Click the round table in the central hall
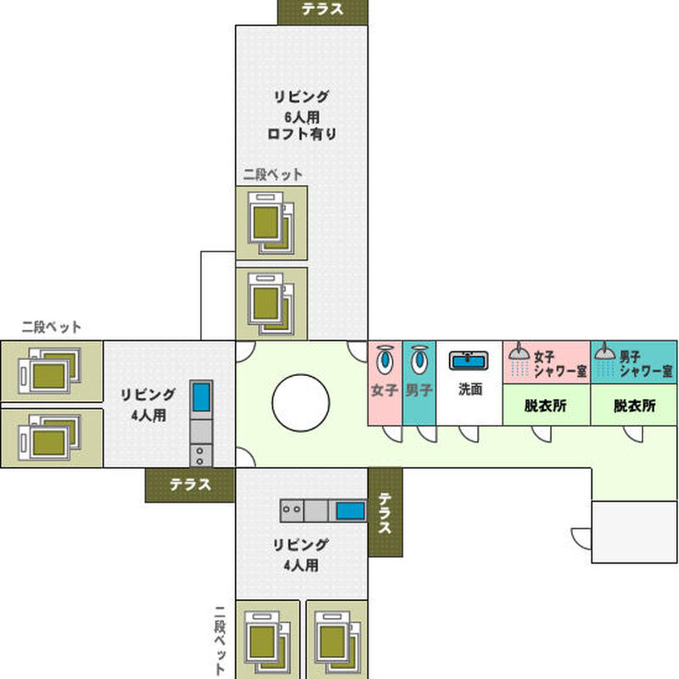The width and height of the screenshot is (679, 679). coord(300,402)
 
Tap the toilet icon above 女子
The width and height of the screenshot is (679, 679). coord(384,359)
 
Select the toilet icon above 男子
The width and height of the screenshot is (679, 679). coord(419,359)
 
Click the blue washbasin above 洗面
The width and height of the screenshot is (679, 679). coord(469,360)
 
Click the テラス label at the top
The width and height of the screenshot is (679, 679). coord(323,9)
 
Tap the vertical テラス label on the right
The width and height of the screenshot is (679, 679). coord(385,513)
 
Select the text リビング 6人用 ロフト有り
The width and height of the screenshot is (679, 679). coord(302,115)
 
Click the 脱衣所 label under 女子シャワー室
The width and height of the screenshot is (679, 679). coord(546,406)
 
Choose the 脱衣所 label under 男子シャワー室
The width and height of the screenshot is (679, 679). coord(634,406)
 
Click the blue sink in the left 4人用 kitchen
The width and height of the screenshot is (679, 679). coord(201,397)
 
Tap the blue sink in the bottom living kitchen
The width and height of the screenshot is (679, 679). coord(351,511)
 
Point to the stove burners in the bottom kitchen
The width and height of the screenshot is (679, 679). coord(292,510)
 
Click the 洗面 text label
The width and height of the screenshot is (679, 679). coord(470,390)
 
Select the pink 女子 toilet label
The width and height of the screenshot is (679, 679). coord(384,390)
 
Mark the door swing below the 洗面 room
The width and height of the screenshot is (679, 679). coord(469,434)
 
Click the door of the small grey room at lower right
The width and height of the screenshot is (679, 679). coord(581,539)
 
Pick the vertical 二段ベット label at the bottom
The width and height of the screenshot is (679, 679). coord(221,640)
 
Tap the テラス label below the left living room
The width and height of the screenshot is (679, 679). coord(190,485)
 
